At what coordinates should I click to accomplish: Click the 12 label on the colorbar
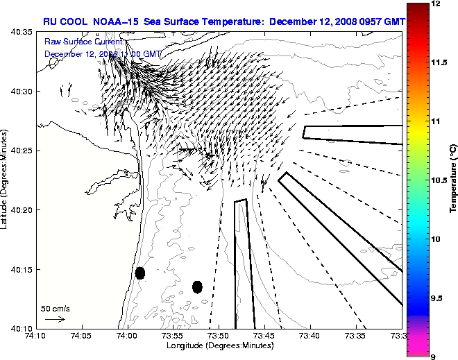[x=436, y=3]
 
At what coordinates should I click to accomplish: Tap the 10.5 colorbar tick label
[x=439, y=180]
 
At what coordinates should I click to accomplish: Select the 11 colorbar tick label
[x=436, y=121]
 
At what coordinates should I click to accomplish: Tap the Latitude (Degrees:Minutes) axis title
[x=6, y=180]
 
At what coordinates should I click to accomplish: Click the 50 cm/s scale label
[x=55, y=309]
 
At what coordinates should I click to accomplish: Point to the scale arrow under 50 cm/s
[x=55, y=319]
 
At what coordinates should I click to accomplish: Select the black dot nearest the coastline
[x=140, y=273]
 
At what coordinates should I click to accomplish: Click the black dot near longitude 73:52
[x=197, y=286]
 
